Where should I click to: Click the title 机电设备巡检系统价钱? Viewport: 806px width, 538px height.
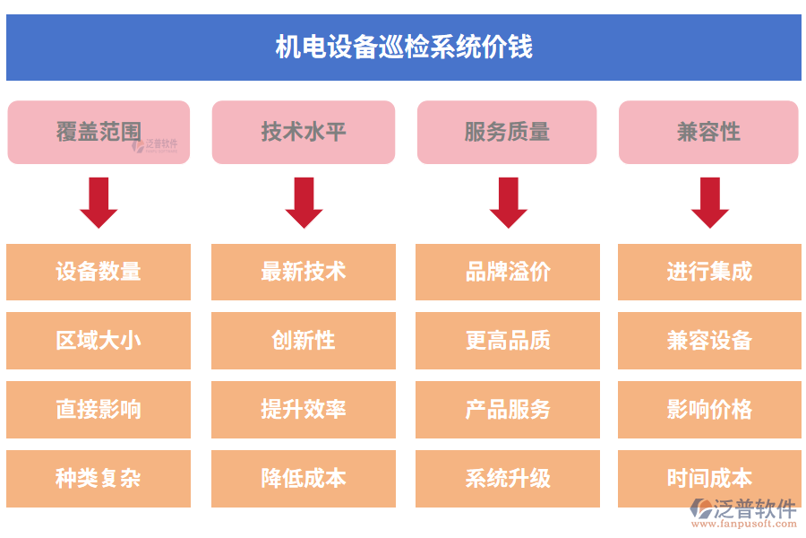403,48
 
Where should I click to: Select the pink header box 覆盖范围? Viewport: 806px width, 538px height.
99,133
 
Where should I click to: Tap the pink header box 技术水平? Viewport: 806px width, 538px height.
304,133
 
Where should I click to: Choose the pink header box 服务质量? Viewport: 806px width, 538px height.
507,133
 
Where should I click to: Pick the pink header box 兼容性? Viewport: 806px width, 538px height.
708,133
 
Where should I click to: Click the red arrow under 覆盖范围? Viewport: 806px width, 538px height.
99,202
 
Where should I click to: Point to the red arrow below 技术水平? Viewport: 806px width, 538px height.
304,202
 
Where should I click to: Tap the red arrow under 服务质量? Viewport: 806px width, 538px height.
508,202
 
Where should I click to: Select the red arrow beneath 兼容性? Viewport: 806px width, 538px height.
709,202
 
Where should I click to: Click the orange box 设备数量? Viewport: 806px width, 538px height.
99,272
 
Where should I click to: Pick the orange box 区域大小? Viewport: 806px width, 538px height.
99,341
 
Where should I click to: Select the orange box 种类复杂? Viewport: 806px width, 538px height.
99,479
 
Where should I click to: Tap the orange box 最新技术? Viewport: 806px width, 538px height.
304,272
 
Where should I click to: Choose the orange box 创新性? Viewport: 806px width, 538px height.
304,341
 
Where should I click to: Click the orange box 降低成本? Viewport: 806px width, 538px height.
304,479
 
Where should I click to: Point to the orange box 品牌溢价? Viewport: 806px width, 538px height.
508,272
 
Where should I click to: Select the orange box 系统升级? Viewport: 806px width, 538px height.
508,479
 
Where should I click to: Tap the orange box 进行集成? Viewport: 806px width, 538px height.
709,272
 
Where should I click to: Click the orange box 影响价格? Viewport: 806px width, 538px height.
709,410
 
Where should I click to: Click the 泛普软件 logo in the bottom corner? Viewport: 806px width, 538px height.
743,512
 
